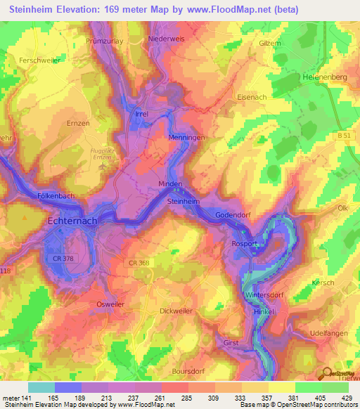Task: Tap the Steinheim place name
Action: (183, 202)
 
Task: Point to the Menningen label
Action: (186, 138)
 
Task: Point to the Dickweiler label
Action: (176, 310)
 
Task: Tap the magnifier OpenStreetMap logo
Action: (326, 374)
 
